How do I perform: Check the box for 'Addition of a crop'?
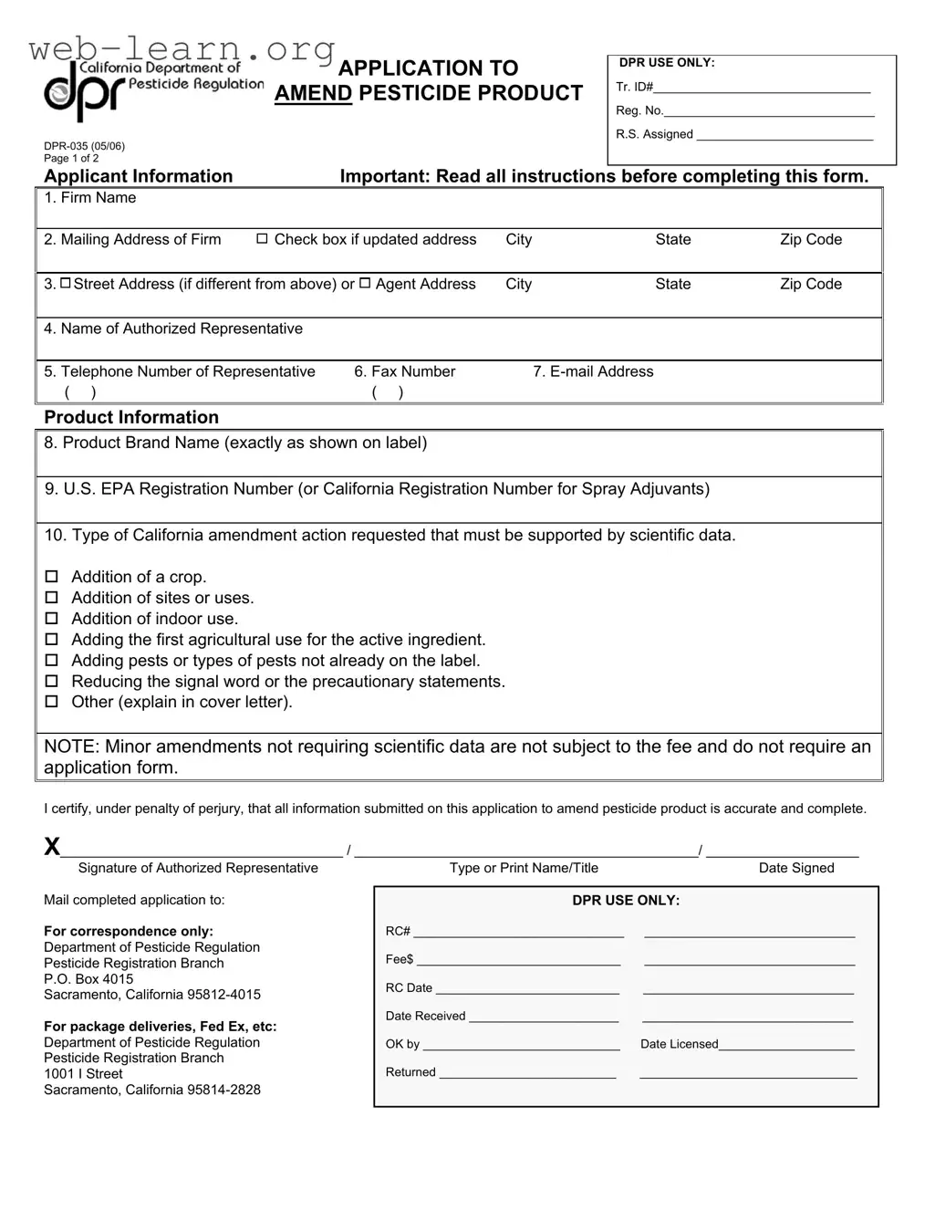coord(52,577)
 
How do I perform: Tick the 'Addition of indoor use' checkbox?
coord(52,619)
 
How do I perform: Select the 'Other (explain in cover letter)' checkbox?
coord(52,702)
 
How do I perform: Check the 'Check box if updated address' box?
coord(262,239)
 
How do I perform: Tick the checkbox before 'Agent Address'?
coord(365,284)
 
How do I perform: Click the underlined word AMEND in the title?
coord(313,93)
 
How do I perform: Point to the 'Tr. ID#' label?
coord(634,87)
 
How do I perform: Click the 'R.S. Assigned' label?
coord(654,134)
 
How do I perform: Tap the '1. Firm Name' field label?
coord(89,198)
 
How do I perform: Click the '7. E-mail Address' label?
coord(593,371)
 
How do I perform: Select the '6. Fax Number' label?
coord(404,371)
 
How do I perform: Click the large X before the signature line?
coord(52,848)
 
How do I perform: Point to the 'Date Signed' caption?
coord(796,868)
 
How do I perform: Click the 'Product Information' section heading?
coord(131,417)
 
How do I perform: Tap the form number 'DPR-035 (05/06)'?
coord(84,146)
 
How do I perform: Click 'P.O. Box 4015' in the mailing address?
coord(88,979)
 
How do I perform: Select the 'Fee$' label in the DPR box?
coord(400,959)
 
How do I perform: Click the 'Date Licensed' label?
coord(679,1044)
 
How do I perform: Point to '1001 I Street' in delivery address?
coord(83,1074)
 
